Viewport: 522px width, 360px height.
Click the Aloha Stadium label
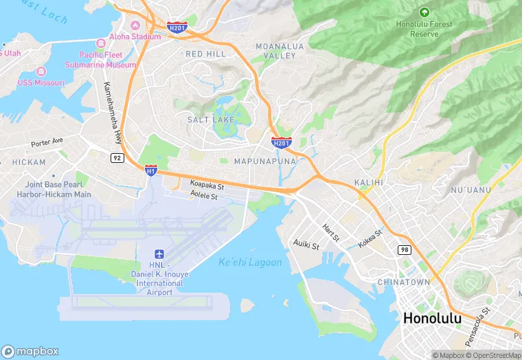[136, 36]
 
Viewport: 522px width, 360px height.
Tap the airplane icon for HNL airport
[160, 254]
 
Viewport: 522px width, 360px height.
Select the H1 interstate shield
[150, 170]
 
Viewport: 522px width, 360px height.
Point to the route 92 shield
[117, 157]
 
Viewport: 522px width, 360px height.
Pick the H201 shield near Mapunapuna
[280, 142]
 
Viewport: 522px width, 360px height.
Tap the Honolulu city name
[435, 318]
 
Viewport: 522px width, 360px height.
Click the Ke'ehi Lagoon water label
[250, 262]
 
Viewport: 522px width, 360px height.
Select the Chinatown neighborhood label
[404, 282]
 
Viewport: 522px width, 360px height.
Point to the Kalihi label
[368, 182]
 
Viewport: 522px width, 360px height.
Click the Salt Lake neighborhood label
[211, 120]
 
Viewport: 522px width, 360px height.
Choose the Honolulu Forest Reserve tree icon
[424, 12]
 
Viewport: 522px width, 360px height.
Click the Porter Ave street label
[47, 142]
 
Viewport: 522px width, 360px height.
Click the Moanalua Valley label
[275, 50]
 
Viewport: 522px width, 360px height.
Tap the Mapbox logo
[31, 351]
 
